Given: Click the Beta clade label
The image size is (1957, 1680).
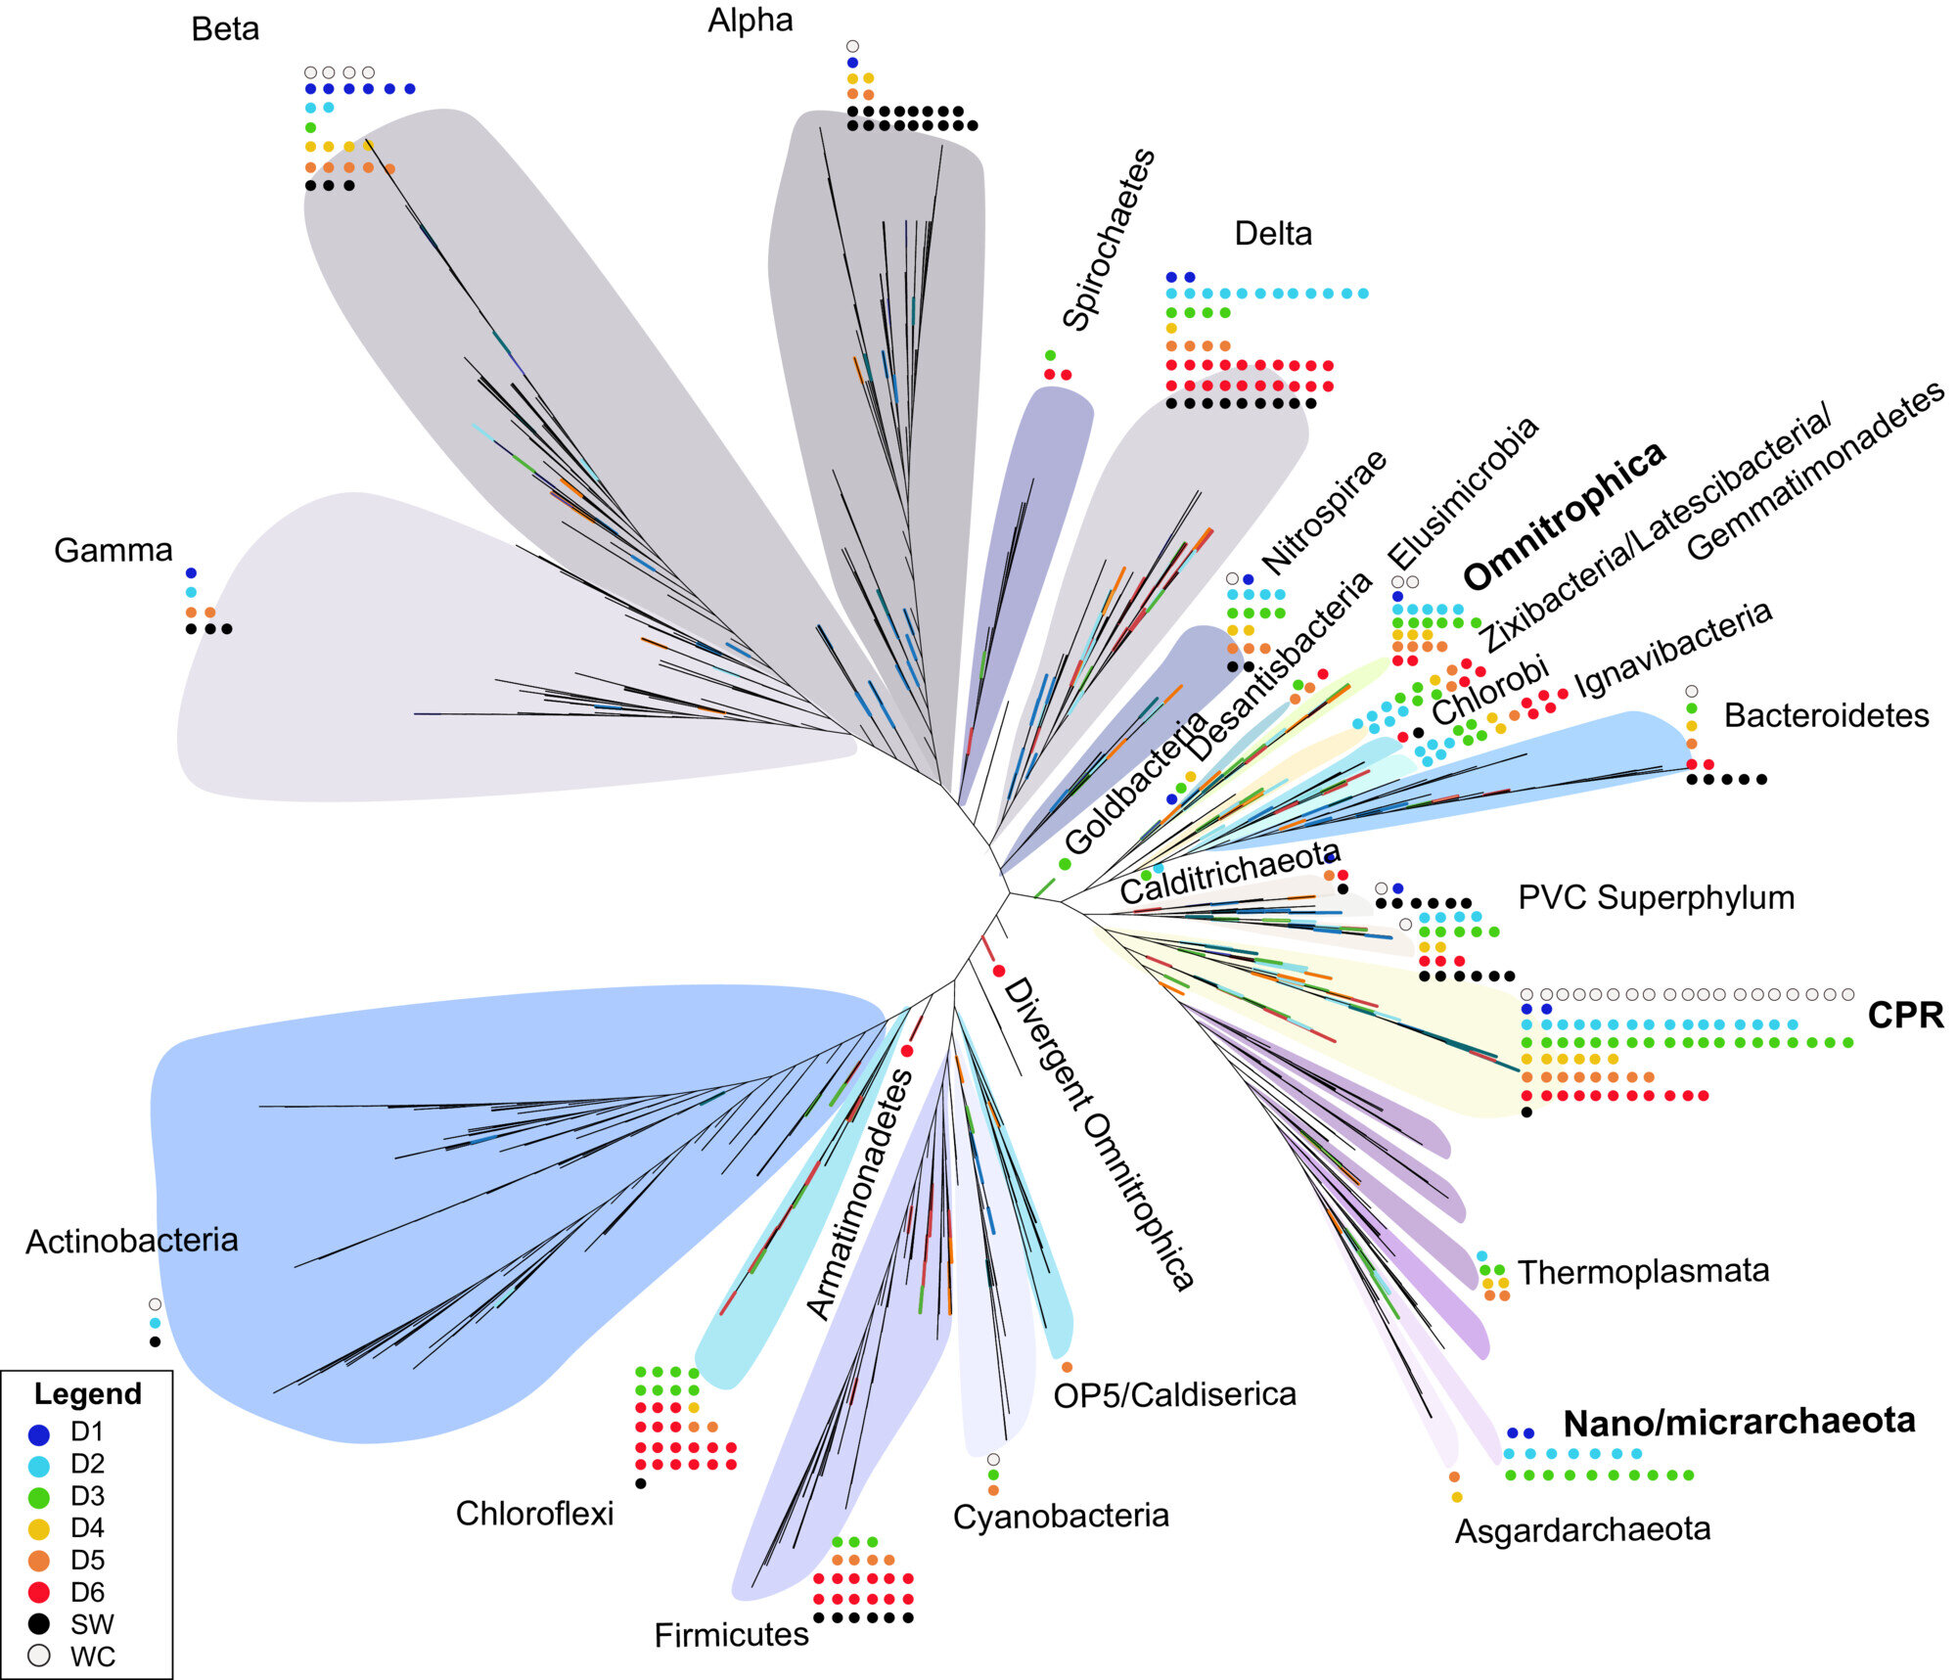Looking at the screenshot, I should point(225,29).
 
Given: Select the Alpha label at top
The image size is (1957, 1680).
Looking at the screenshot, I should point(751,21).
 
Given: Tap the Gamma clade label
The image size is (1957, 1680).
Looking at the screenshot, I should point(114,551).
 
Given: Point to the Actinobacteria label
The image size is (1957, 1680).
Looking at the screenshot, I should point(132,1241).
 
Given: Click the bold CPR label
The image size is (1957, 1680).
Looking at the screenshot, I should point(1905,1016).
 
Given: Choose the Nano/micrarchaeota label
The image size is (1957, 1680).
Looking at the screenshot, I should point(1739,1422).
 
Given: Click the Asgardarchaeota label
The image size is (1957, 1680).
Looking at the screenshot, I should point(1582,1529).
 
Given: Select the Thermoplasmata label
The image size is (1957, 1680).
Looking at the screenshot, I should point(1643,1271).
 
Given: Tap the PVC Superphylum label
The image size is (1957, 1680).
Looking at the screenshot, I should point(1656,897).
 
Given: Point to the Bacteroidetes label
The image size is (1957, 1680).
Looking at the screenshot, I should point(1826,715).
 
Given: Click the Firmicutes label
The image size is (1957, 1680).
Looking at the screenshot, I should point(731,1634).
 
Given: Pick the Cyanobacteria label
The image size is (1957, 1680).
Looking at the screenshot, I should point(1061,1516).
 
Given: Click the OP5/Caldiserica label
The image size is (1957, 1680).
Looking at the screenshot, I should point(1174,1394).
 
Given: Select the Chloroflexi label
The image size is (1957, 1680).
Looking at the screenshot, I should point(534,1514).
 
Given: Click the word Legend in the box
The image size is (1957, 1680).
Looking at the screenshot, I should point(87,1393).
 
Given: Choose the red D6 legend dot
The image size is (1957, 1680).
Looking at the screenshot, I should point(39,1592).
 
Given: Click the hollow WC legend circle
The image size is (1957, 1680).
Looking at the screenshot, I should point(39,1656).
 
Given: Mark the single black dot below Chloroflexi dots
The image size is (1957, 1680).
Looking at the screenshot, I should point(641,1483).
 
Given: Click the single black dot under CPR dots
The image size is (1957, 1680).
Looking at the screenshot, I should point(1526,1112).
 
